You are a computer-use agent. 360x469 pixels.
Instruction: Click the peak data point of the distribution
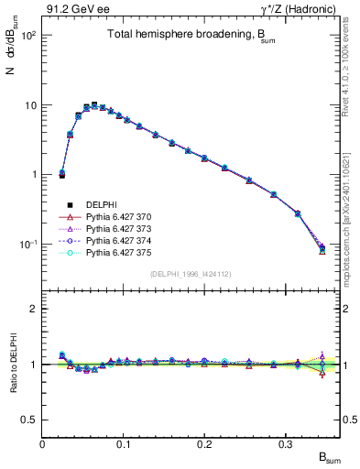point(94,104)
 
